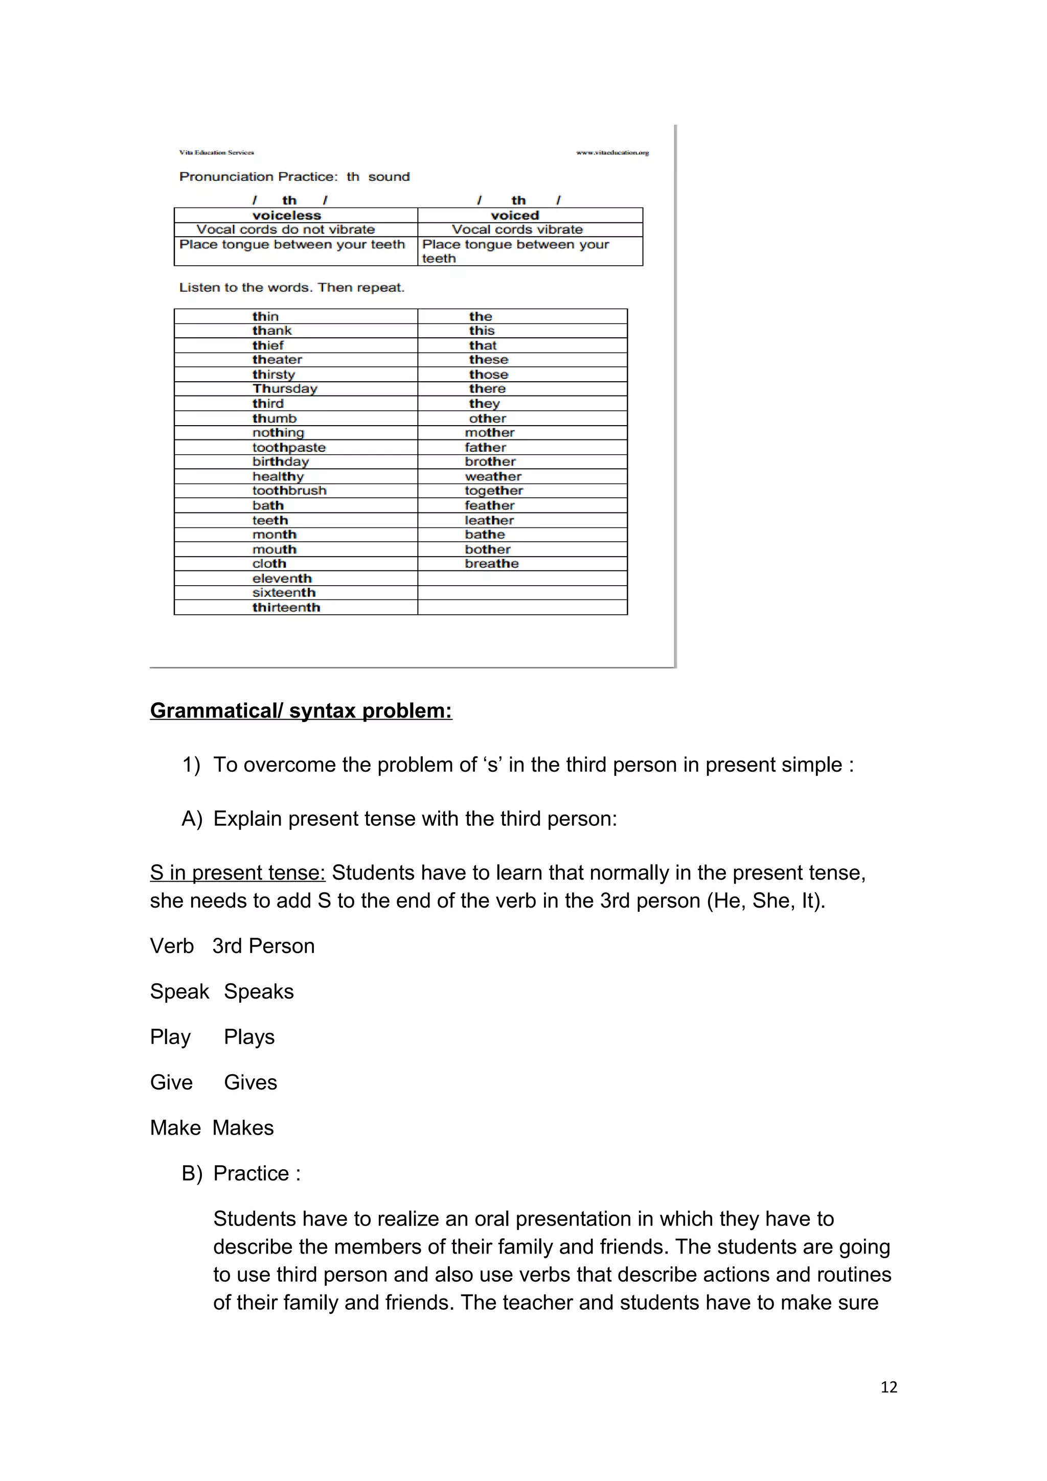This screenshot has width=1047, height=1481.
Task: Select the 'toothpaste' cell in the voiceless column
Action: [x=288, y=447]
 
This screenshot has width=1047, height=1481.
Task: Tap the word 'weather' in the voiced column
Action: [x=493, y=476]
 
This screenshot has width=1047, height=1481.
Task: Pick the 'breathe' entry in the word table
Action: [x=492, y=563]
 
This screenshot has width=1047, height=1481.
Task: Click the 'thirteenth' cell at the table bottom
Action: [x=286, y=607]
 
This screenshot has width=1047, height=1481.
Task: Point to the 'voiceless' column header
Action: [x=286, y=216]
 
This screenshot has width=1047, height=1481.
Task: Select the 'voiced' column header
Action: [x=514, y=216]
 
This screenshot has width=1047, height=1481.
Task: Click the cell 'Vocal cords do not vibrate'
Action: [x=285, y=229]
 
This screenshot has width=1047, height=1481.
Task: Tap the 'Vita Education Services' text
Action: [x=216, y=153]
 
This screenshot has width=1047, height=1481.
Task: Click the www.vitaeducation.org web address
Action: [x=612, y=153]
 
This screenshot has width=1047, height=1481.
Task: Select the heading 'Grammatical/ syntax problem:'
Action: [x=301, y=710]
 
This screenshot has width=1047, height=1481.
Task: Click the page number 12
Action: [x=889, y=1387]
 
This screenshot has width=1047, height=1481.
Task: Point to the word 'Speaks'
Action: [x=259, y=991]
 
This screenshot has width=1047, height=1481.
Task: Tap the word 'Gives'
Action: [x=251, y=1082]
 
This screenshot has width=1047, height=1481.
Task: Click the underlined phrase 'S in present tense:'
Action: [x=237, y=873]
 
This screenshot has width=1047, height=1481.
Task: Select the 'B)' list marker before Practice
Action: [x=192, y=1173]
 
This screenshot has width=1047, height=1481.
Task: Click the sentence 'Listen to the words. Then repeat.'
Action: [x=291, y=288]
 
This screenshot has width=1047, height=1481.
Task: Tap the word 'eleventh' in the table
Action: [x=282, y=578]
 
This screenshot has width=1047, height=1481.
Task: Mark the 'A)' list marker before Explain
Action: [x=192, y=819]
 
